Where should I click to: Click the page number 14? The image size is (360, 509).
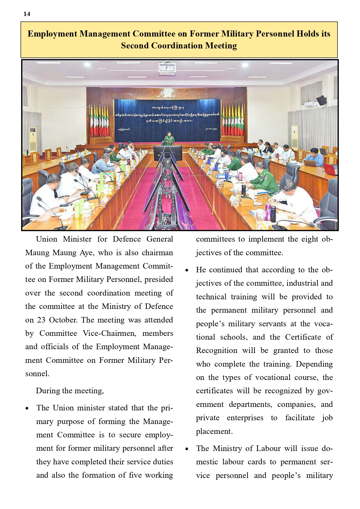[x=27, y=14]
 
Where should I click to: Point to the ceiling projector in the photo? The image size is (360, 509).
[x=167, y=68]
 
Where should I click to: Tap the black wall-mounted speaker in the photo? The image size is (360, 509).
[x=321, y=100]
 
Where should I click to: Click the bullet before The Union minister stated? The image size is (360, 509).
[x=27, y=408]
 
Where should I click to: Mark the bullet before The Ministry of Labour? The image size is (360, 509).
[x=187, y=449]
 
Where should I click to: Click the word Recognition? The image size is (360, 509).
[x=217, y=351]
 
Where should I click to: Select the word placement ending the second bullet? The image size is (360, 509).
[x=214, y=431]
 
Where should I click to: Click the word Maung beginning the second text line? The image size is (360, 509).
[x=37, y=253]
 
